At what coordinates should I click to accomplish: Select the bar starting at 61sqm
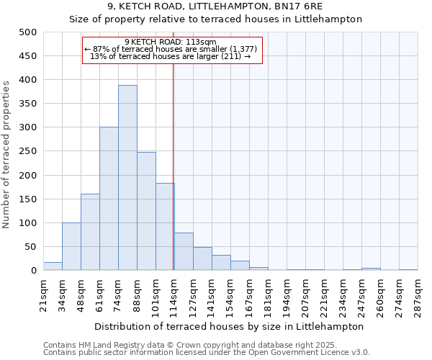coord(109,199)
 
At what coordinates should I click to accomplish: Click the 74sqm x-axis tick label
coord(119,292)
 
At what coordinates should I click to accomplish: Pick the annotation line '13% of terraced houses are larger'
coord(171,56)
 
